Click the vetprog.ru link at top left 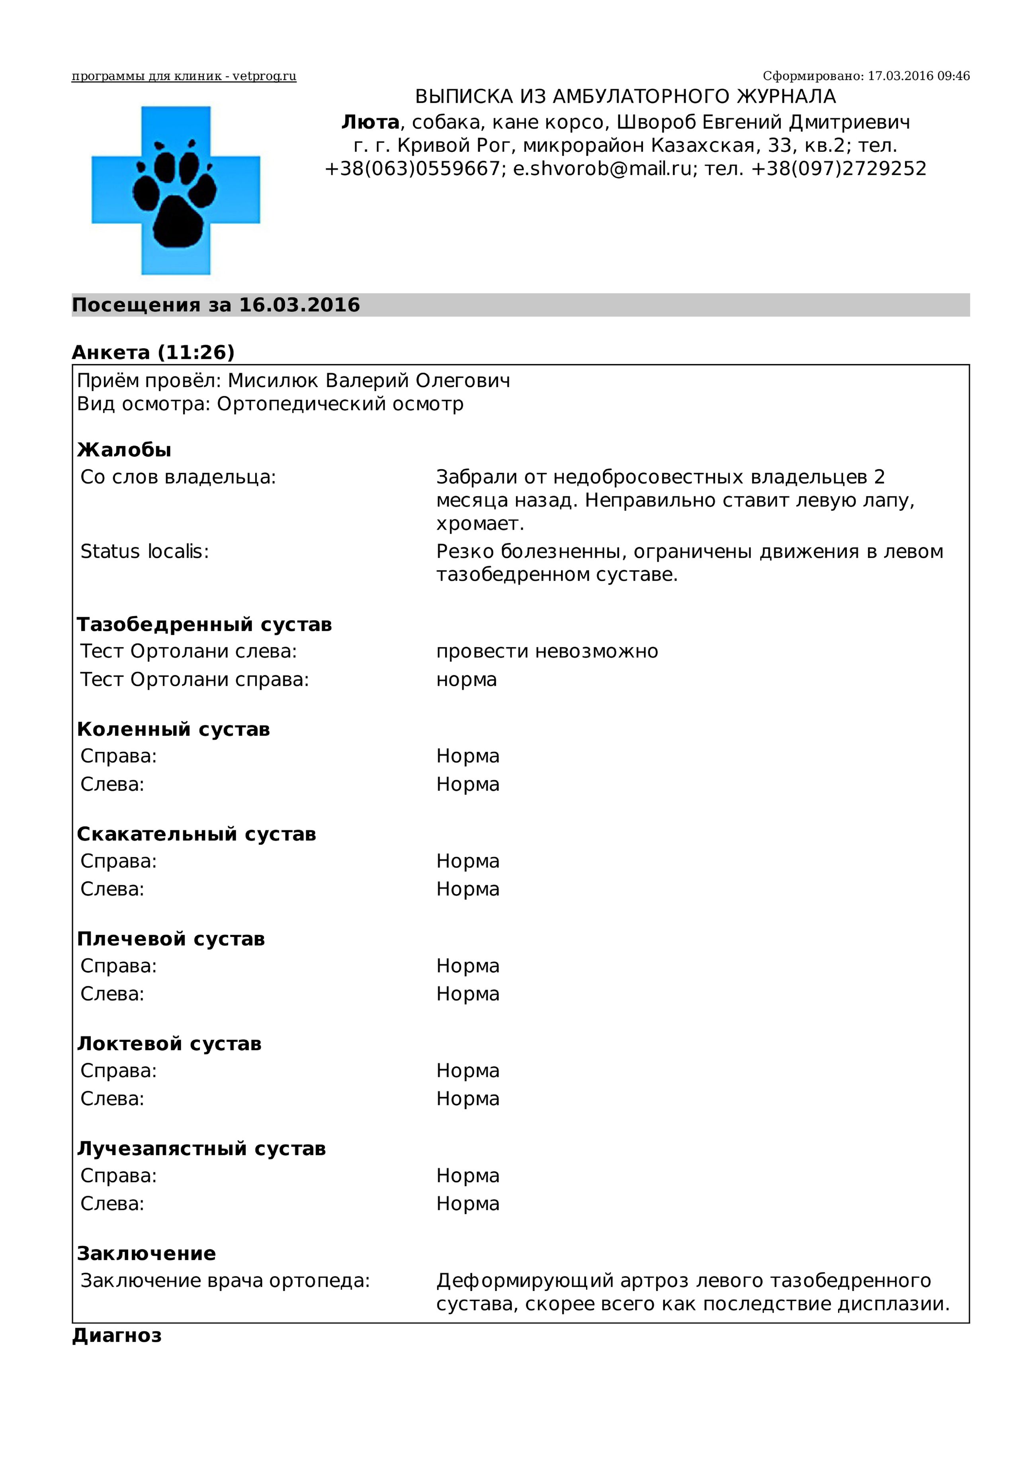184,77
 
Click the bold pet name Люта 370,122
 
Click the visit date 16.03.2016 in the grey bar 299,305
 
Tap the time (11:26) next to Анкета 196,352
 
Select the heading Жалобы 124,450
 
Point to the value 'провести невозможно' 547,652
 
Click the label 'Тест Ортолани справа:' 194,680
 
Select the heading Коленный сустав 173,729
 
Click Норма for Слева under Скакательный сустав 467,889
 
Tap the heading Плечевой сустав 170,939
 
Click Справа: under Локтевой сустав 118,1071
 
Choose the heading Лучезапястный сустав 201,1149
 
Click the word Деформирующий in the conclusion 525,1281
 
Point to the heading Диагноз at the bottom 117,1335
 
